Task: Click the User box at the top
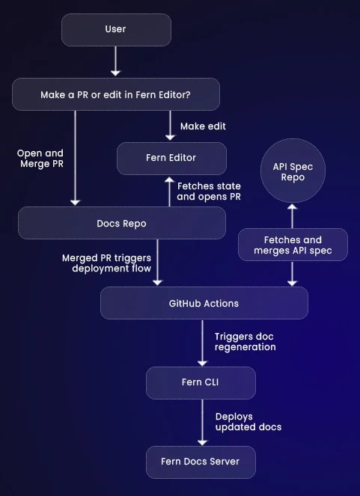[x=115, y=30]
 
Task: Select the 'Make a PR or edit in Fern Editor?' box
[x=115, y=95]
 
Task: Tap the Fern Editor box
[x=171, y=158]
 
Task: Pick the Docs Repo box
[x=121, y=223]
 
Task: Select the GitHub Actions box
[x=204, y=303]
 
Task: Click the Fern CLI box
[x=201, y=382]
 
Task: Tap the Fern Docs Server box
[x=201, y=462]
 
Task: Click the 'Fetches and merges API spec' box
[x=293, y=245]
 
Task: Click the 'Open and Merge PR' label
[x=40, y=159]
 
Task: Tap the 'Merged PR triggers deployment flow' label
[x=106, y=263]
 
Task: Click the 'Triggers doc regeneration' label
[x=245, y=342]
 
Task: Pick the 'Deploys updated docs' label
[x=248, y=421]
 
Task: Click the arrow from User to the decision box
[x=115, y=61]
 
